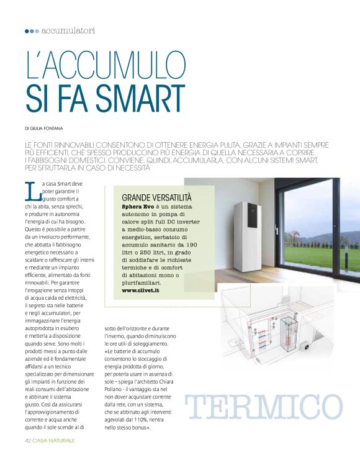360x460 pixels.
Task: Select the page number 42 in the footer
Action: click(28, 440)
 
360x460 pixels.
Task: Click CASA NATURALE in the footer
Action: click(54, 440)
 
